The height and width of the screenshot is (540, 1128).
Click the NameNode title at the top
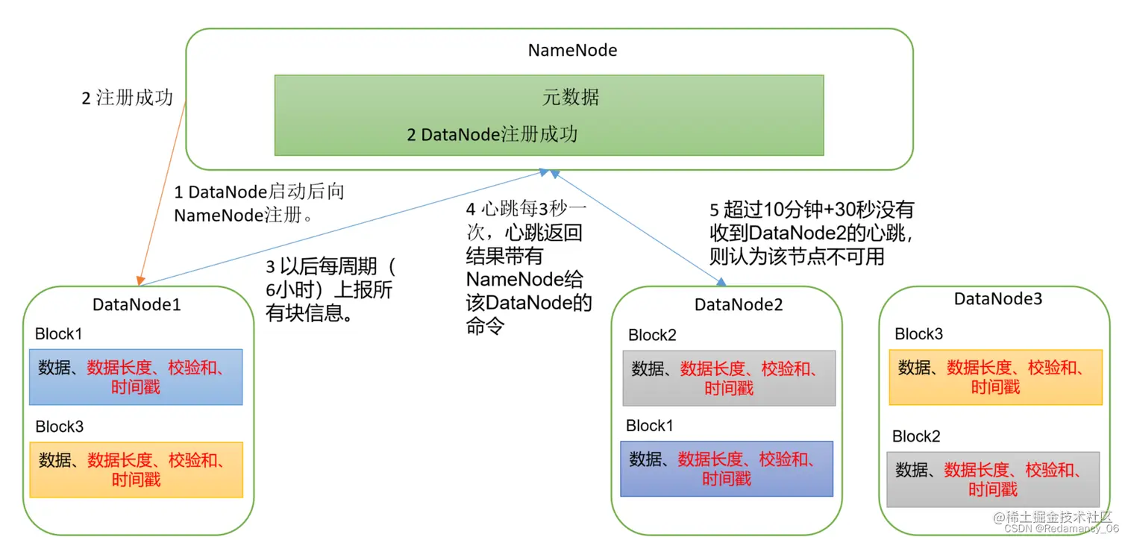(x=572, y=51)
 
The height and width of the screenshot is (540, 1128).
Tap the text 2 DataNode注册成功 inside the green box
(x=492, y=135)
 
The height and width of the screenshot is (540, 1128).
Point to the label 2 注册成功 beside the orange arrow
(x=127, y=98)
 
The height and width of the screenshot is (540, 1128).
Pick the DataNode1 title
(x=137, y=304)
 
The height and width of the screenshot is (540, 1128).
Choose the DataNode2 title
(x=739, y=304)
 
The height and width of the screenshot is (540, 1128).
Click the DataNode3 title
(x=997, y=299)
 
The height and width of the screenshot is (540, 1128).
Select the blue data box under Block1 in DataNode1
(x=136, y=377)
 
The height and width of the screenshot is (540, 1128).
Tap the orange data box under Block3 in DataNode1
(x=136, y=470)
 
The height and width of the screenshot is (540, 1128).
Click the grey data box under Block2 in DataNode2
(x=729, y=378)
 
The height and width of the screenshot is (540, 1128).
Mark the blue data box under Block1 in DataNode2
(x=727, y=468)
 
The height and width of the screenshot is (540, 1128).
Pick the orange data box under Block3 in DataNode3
(x=995, y=377)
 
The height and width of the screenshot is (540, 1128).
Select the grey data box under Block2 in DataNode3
(x=993, y=479)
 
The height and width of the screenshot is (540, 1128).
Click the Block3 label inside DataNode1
(x=60, y=427)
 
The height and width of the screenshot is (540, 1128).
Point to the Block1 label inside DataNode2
(x=650, y=426)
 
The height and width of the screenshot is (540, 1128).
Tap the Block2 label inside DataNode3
(x=916, y=436)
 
